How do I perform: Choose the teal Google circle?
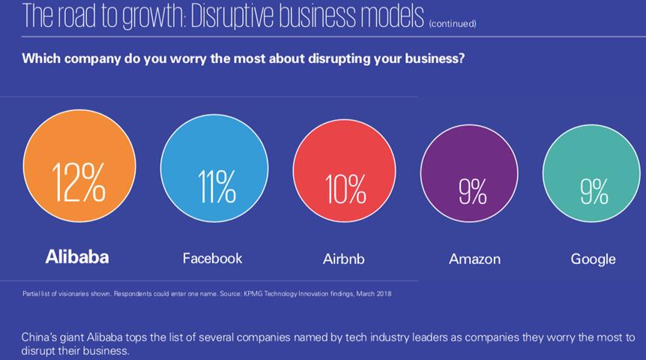coord(592,172)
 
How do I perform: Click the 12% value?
coord(79,182)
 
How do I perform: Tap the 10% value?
coord(345,188)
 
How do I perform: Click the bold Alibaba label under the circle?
coord(77,256)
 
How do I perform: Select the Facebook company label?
coord(212,258)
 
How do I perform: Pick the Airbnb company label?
coord(343,259)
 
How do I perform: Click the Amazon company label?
coord(474,259)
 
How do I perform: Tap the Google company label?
coord(593,259)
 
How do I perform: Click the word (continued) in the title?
coord(452,23)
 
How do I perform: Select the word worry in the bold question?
coord(184,58)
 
